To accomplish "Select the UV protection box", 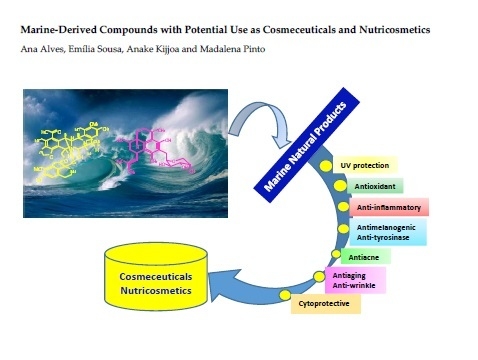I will [x=367, y=164].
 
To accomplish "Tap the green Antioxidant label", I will [x=374, y=186].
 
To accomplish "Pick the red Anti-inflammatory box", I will [x=390, y=208].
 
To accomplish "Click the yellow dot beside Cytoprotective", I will [x=285, y=297].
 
